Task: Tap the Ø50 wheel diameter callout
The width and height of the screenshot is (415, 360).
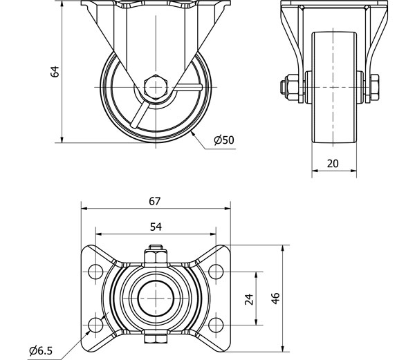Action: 224,140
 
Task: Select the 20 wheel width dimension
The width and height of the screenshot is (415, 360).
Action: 333,163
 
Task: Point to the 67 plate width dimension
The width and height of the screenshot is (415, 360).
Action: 154,201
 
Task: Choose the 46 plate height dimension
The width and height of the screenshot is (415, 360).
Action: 275,299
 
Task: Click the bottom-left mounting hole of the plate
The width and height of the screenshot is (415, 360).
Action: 95,324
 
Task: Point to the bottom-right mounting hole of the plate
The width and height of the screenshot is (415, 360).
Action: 216,324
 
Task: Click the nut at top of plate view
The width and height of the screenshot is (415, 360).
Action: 155,255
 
